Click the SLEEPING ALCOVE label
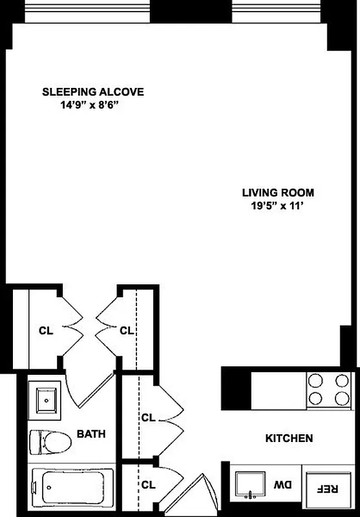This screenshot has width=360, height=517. pyautogui.click(x=93, y=92)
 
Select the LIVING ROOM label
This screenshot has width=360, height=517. pyautogui.click(x=278, y=193)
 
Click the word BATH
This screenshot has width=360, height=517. pyautogui.click(x=91, y=434)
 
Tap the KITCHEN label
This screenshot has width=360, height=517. pyautogui.click(x=289, y=438)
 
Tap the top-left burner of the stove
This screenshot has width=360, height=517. pyautogui.click(x=316, y=381)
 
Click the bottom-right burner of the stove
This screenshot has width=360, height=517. pyautogui.click(x=340, y=398)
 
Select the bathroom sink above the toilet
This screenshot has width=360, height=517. pyautogui.click(x=45, y=400)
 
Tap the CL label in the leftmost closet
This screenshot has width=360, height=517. pyautogui.click(x=45, y=330)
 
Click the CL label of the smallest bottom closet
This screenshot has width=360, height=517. pyautogui.click(x=148, y=484)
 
